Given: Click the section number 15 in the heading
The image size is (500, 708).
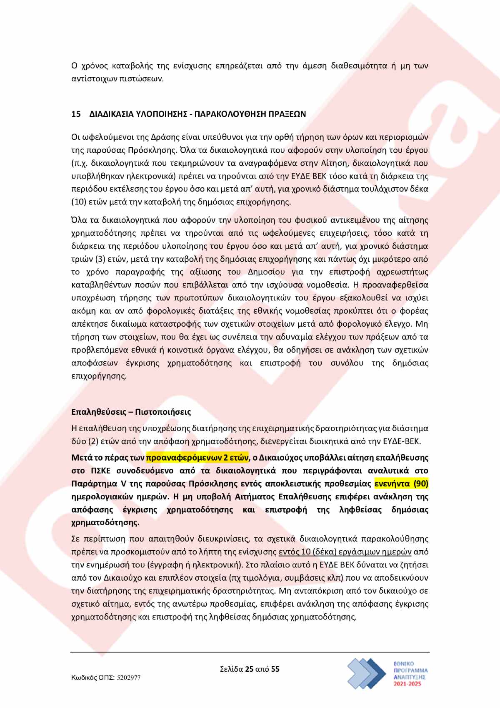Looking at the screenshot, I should tap(76, 114).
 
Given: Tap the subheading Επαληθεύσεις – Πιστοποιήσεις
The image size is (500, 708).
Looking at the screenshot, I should tap(131, 412).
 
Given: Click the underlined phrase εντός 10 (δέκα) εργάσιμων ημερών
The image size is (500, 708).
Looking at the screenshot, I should tap(345, 552).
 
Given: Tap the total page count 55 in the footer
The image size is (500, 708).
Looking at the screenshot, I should tap(275, 669).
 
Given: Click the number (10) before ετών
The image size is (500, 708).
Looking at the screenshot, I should tap(79, 202).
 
